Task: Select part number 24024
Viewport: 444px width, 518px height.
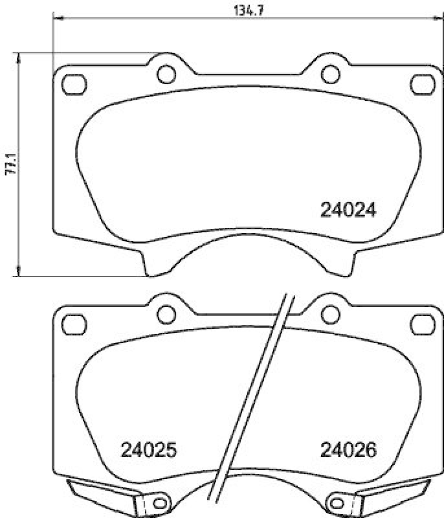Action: tap(348, 210)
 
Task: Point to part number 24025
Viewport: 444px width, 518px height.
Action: tap(148, 449)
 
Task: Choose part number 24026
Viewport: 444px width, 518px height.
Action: tap(348, 449)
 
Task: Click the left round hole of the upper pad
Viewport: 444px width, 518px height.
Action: tap(166, 74)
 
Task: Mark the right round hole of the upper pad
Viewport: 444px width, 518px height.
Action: tap(330, 74)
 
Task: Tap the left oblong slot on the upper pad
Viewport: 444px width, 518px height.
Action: tap(74, 83)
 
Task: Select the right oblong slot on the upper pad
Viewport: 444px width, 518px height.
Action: tap(423, 83)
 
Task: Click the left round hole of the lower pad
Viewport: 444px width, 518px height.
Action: tap(166, 313)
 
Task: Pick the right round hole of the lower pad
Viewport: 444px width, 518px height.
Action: tap(330, 313)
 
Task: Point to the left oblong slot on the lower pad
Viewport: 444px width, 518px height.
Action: tap(74, 322)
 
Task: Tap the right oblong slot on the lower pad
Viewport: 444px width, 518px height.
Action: tap(423, 322)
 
